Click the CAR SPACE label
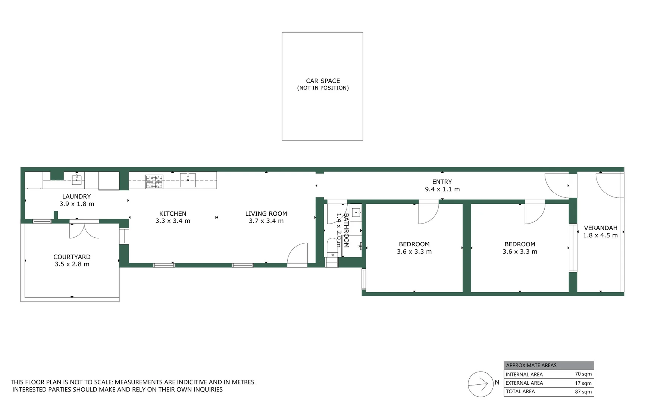(323, 81)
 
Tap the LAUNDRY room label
(76, 197)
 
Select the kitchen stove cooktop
(154, 181)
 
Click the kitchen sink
(188, 180)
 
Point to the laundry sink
(77, 179)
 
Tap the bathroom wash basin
(356, 213)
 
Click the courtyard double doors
(84, 230)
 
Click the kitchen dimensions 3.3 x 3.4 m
(173, 221)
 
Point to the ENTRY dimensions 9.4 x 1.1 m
(442, 189)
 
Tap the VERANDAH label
(600, 228)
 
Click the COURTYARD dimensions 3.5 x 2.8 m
(72, 264)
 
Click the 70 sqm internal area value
(583, 374)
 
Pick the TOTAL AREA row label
(520, 391)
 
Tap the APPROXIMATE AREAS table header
(531, 365)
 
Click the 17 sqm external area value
(583, 383)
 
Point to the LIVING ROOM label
(266, 214)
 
